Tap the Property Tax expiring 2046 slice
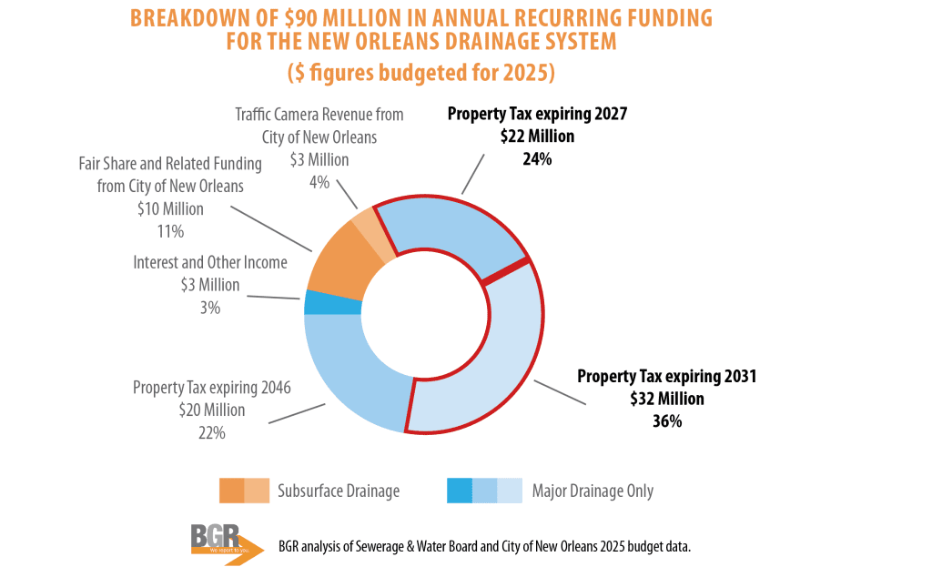(x=350, y=373)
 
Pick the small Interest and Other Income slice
(x=319, y=302)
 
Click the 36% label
(x=666, y=421)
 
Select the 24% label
(x=537, y=158)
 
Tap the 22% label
(x=210, y=433)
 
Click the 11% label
(x=170, y=231)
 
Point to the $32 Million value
(x=666, y=399)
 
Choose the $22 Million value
(x=537, y=137)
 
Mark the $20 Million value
(x=211, y=410)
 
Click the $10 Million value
(x=171, y=209)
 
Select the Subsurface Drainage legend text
(x=339, y=491)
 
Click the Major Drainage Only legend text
(x=593, y=491)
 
